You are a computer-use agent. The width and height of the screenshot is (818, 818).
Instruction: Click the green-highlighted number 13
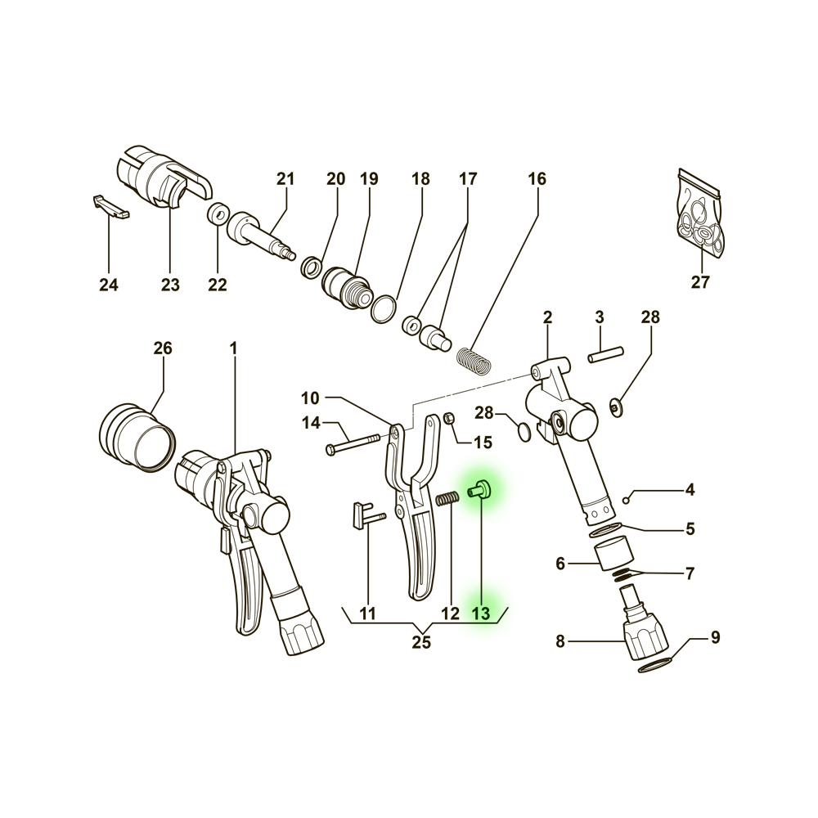[x=480, y=613]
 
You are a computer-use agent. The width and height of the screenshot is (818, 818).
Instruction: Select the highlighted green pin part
[x=477, y=489]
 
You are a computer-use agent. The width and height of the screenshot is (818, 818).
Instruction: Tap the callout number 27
[x=701, y=282]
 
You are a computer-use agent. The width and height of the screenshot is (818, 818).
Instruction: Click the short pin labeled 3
[x=605, y=354]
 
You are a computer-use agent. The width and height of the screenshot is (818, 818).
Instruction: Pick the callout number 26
[x=163, y=348]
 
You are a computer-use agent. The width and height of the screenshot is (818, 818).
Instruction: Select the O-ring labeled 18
[x=384, y=309]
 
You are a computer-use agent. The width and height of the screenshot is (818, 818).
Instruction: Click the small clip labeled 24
[x=111, y=207]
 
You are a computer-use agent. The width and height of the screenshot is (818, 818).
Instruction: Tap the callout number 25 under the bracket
[x=421, y=642]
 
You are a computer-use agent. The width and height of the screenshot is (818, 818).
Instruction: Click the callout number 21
[x=285, y=179]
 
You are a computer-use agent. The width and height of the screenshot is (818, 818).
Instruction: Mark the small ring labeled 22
[x=218, y=213]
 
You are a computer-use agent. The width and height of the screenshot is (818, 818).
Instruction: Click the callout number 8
[x=560, y=641]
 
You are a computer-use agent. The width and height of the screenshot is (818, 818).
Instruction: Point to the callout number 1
[x=233, y=348]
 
